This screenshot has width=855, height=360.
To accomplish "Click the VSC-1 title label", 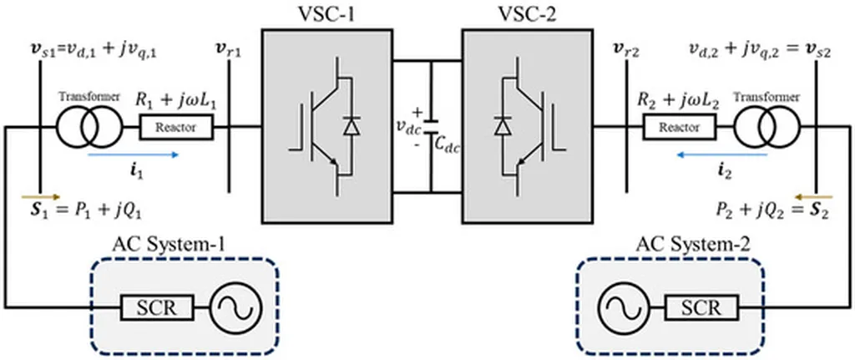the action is click(x=327, y=13).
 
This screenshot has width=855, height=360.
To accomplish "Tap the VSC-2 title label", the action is click(x=528, y=13).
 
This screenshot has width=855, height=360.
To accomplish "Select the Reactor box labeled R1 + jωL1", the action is click(x=176, y=128).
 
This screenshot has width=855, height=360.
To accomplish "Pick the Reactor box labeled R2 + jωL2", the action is click(x=680, y=128).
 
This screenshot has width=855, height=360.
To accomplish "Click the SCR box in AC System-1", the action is click(x=157, y=308).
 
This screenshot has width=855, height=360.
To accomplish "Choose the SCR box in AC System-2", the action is click(x=701, y=308).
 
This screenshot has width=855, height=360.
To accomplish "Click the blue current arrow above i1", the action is click(x=133, y=155).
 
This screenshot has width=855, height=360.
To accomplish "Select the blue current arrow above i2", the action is click(x=722, y=155).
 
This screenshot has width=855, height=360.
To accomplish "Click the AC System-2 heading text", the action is click(x=692, y=246).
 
